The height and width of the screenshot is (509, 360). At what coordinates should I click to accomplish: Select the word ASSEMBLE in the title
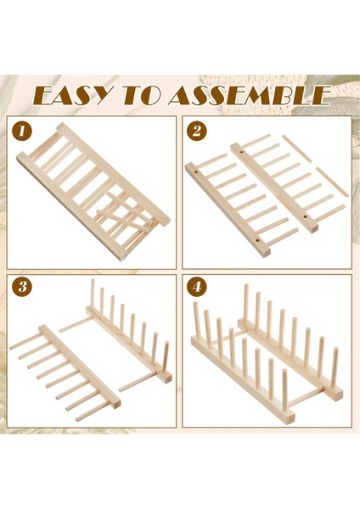pos(250,96)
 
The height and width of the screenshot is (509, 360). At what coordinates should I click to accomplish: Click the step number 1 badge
pos(22,131)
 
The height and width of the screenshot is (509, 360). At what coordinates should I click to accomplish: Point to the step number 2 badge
pos(197,131)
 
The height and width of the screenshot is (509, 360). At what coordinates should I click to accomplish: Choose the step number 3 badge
pos(22,287)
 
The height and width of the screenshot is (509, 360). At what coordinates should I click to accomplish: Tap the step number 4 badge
pos(197,287)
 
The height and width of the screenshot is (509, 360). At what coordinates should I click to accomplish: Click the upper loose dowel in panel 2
pos(297,148)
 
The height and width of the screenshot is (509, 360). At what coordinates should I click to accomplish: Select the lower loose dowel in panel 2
pos(332,182)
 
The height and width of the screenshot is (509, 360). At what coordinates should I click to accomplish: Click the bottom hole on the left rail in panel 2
pos(257,241)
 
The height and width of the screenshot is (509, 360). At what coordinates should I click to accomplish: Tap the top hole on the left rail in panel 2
pos(197,170)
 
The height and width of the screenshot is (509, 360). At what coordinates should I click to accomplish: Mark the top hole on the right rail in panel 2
pos(242,152)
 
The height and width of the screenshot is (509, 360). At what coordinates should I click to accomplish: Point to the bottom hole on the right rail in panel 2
pos(305,215)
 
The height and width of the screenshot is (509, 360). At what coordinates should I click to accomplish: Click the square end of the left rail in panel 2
pos(266,253)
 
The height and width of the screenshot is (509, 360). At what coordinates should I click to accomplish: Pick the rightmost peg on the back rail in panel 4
pos(335,367)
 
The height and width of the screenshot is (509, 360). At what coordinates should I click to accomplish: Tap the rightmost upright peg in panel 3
pos(166,358)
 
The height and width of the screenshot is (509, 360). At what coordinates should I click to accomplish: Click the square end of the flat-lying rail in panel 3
pos(116,404)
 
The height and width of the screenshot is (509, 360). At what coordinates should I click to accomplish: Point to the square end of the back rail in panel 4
pos(338,394)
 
